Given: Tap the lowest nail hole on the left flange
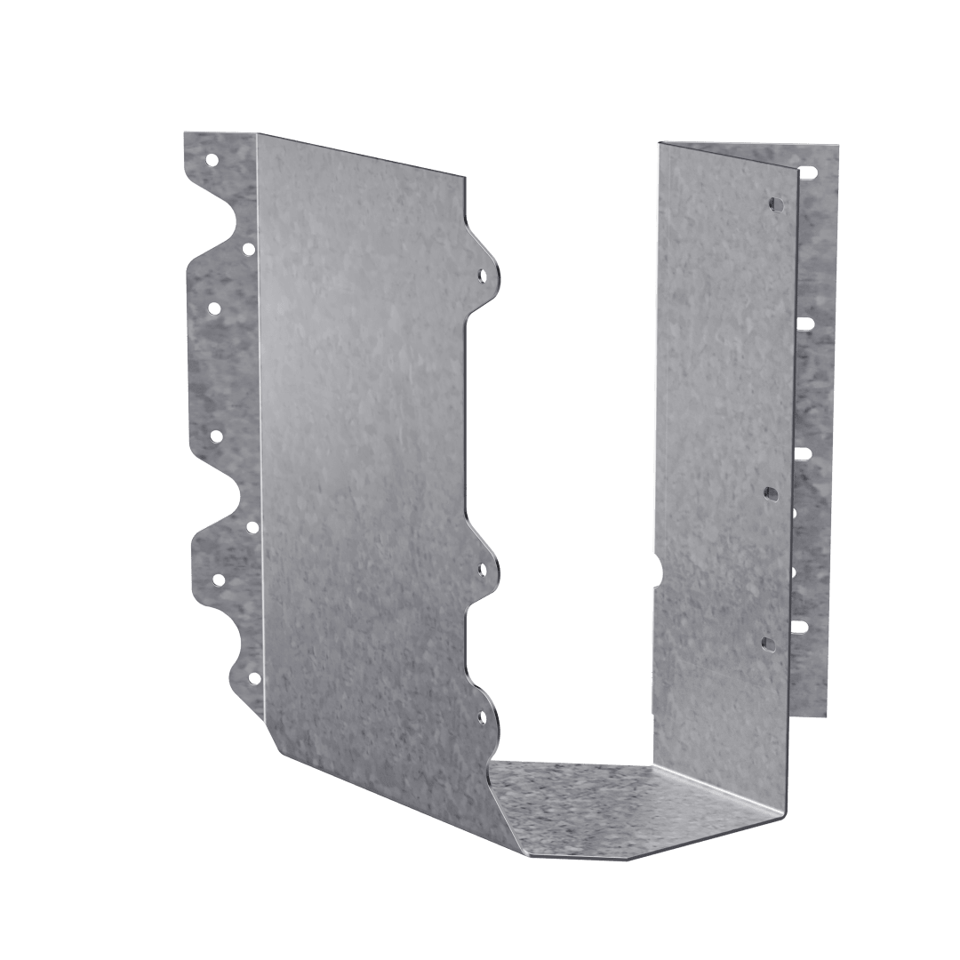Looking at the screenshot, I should (x=253, y=678).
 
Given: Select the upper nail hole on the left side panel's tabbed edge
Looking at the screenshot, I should (x=482, y=276).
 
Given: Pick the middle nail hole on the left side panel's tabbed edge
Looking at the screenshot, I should (x=482, y=569).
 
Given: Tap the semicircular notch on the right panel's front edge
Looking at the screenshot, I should (x=658, y=570).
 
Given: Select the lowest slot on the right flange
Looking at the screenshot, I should (x=800, y=626).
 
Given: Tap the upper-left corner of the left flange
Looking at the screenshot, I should (x=184, y=133).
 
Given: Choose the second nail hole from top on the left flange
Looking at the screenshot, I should (x=248, y=250).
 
